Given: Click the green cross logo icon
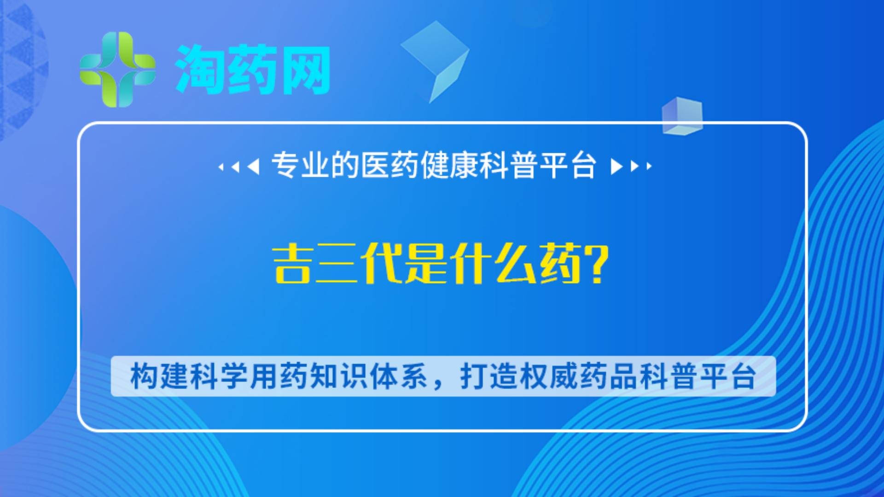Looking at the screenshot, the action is click(x=117, y=69).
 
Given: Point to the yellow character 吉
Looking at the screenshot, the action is click(x=292, y=264).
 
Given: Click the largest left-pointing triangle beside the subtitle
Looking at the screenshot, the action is click(x=253, y=166).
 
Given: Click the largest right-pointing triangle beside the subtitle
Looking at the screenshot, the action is click(x=616, y=166).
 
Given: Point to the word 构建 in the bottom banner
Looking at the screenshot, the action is click(x=159, y=376).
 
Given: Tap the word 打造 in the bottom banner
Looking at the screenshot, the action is click(x=489, y=376).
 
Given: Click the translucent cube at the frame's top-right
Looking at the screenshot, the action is click(x=682, y=116).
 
